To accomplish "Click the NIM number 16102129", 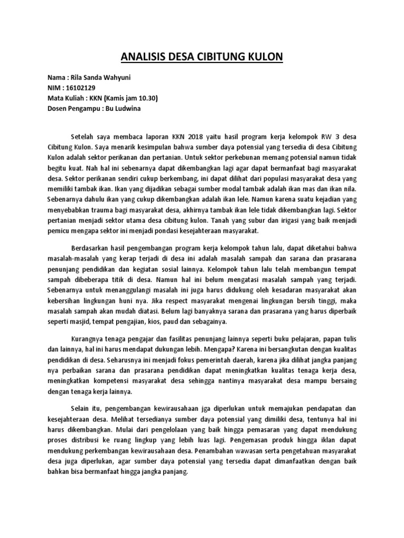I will click(x=80, y=88).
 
